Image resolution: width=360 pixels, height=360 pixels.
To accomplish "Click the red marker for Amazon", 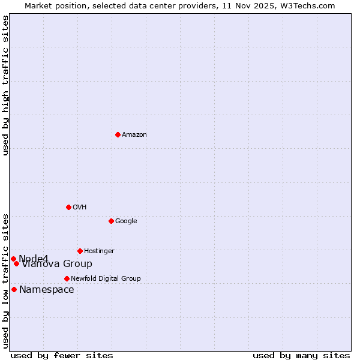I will coord(118,134).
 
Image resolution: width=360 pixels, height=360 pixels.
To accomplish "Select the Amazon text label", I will coord(134,135).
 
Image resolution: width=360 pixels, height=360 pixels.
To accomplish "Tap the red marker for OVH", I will coord(68,207).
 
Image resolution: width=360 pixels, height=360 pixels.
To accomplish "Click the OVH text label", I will coord(80,208).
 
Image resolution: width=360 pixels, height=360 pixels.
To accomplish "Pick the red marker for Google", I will coord(111,221).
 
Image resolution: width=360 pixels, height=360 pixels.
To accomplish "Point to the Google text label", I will coord(126,221).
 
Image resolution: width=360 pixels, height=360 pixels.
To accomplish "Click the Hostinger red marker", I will coord(80,251).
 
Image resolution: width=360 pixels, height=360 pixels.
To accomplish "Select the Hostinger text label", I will coord(99,251).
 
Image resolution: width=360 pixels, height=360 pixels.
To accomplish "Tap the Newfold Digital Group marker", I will coord(67,278).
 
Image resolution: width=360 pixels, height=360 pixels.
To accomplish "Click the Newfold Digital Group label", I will coord(106,278).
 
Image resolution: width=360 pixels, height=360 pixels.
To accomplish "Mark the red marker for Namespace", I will coord(14,289).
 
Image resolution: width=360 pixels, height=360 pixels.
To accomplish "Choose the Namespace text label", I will coord(47,290).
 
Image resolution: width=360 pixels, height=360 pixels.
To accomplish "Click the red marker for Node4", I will coord(13,259).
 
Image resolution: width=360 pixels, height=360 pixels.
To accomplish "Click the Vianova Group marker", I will coord(17,263).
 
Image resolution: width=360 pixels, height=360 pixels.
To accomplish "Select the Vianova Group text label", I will coord(58,264).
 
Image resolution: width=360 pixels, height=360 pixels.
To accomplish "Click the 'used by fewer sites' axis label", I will coord(62,355).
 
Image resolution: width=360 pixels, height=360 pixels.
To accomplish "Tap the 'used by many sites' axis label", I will coord(301,355).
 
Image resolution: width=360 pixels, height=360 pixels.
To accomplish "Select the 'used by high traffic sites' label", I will coord(6,86).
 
